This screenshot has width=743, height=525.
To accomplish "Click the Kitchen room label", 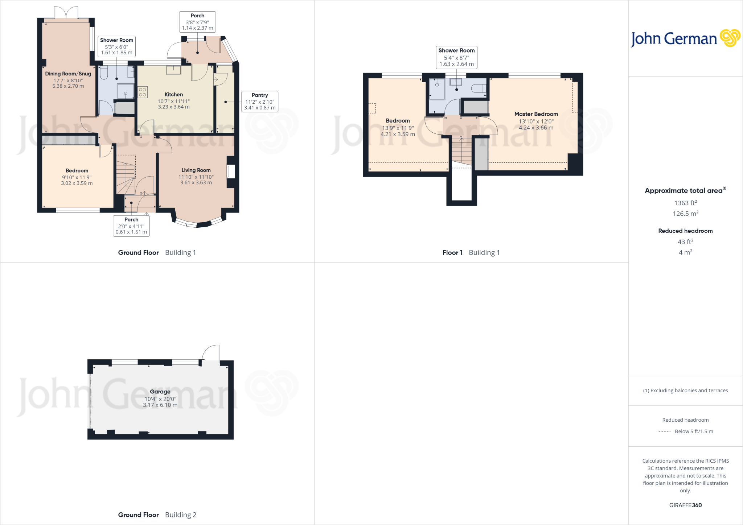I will tap(173, 94).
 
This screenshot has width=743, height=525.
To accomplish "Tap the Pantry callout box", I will tap(260, 101).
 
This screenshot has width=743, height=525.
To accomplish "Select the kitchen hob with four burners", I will tap(143, 92).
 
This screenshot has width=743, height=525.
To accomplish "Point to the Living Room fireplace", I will tap(231, 171).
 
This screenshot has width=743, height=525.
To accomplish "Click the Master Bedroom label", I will tap(536, 114).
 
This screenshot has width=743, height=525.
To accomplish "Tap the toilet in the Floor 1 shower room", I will tap(479, 88).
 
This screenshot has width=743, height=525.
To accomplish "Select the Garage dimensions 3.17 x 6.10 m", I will tap(160, 405).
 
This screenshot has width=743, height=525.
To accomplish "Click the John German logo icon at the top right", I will tap(730, 38).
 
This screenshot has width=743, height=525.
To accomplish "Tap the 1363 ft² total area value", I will tap(685, 203).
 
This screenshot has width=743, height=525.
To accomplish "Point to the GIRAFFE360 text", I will tap(685, 505).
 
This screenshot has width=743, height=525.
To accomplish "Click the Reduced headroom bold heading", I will tap(685, 231).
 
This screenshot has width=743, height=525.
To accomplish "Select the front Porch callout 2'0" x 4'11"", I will tap(131, 226).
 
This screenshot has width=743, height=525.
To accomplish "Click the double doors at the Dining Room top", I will tap(66, 13).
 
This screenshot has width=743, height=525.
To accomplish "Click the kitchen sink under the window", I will tap(173, 70).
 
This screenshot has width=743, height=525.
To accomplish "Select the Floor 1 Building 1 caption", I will tap(471, 252).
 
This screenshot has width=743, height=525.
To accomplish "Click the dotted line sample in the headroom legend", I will tap(664, 431).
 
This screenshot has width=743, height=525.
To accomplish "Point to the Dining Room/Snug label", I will tap(68, 74).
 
